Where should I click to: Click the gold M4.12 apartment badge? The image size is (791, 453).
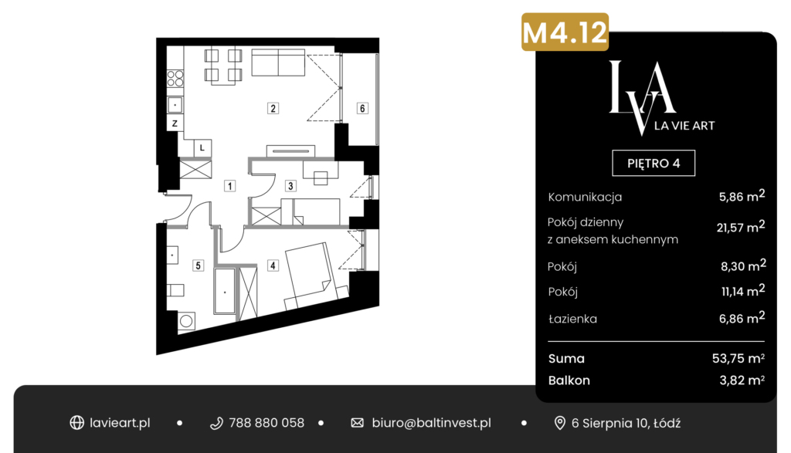(x=565, y=32)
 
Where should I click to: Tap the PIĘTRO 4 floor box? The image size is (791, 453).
(x=654, y=164)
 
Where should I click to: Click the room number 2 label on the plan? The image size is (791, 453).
(x=273, y=108)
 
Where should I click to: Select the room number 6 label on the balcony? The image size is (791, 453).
(x=362, y=108)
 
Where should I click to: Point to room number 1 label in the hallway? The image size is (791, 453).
(x=229, y=186)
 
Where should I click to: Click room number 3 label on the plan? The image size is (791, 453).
(x=290, y=186)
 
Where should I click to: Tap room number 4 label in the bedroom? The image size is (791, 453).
(x=273, y=265)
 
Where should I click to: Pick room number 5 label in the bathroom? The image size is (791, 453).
(x=198, y=265)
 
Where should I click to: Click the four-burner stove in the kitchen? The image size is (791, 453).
(x=175, y=79)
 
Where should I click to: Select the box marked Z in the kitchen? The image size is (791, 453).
(x=175, y=123)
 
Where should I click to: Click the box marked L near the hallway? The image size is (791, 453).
(x=202, y=147)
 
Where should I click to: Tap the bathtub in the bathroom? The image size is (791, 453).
(x=225, y=291)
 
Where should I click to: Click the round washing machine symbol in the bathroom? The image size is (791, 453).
(x=186, y=321)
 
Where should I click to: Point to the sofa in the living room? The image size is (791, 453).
(x=278, y=63)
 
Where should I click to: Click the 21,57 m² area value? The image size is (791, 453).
(x=741, y=227)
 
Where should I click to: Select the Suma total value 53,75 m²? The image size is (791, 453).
(x=738, y=358)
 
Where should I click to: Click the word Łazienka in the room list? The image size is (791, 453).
(x=572, y=319)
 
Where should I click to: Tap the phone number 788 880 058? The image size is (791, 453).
(x=266, y=423)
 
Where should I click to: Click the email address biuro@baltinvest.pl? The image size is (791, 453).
(x=431, y=423)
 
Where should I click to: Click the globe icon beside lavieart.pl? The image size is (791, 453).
(x=76, y=423)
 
